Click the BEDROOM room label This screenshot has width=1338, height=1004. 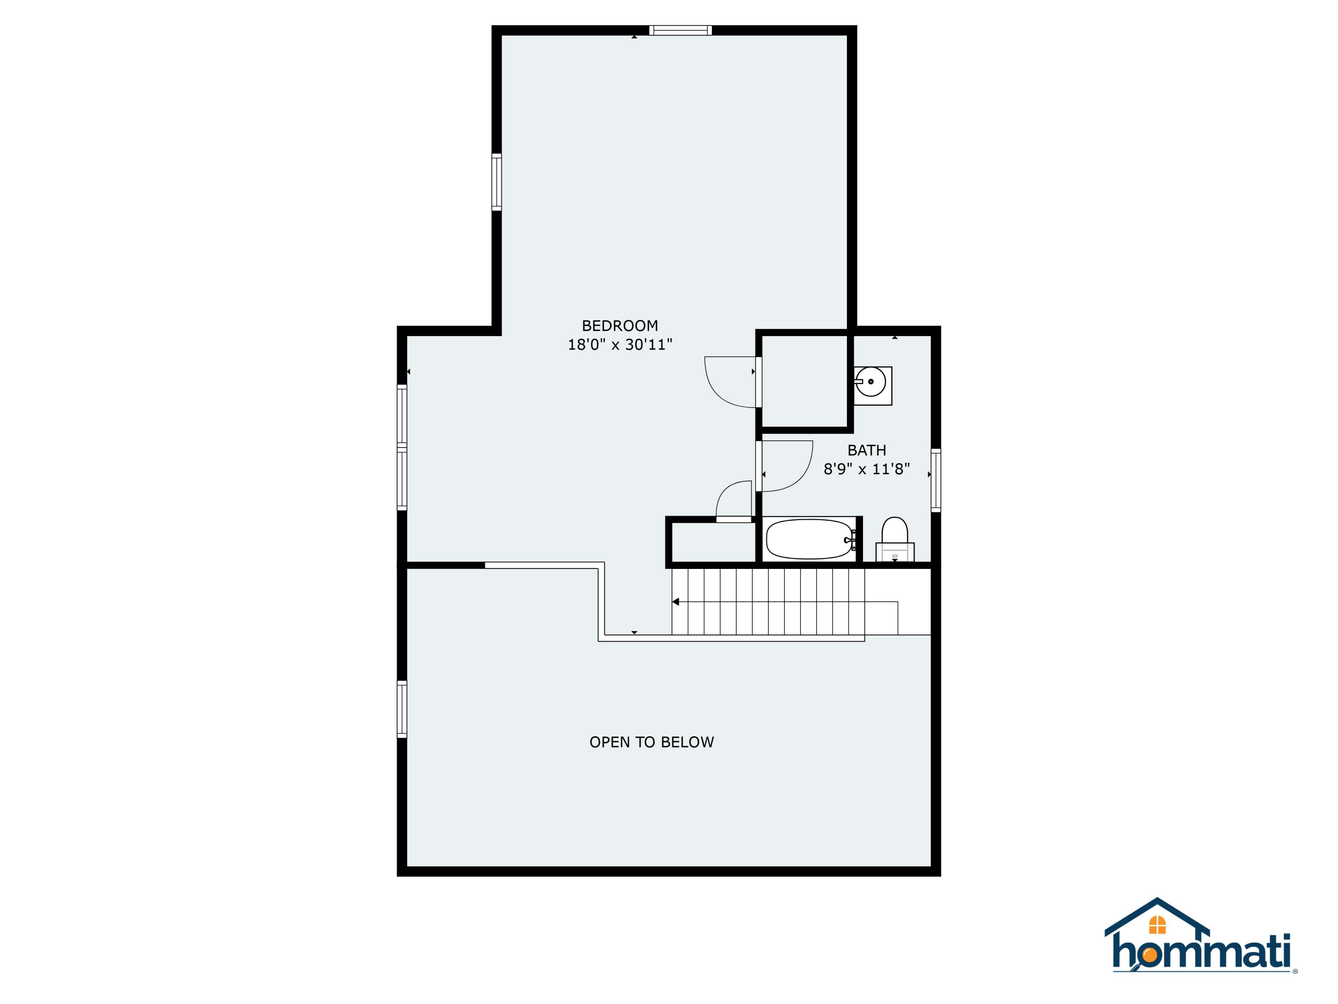tap(619, 326)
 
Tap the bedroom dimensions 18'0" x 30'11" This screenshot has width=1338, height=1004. tap(619, 344)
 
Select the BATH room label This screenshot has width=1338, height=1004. tap(866, 450)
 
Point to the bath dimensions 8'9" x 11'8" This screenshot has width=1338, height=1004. tap(866, 469)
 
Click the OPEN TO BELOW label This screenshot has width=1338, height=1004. tap(652, 742)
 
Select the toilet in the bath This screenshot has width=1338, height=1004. tap(895, 539)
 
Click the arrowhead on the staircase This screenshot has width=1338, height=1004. tap(676, 602)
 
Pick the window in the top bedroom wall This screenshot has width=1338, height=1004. tap(681, 30)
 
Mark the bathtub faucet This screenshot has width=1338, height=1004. tap(852, 539)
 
